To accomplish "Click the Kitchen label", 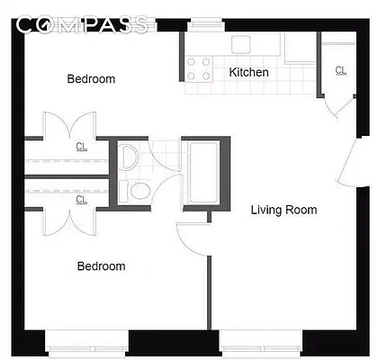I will click(x=249, y=72).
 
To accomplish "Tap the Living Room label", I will click(x=283, y=210).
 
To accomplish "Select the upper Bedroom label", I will click(x=92, y=79).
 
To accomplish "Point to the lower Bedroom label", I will click(x=101, y=266).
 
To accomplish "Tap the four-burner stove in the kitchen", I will click(x=197, y=65).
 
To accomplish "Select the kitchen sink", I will click(x=243, y=43).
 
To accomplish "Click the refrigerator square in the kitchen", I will click(x=297, y=47).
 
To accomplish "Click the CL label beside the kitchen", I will click(x=340, y=70).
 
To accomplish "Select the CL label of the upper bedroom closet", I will click(x=81, y=146).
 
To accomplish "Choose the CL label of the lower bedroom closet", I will click(x=81, y=198).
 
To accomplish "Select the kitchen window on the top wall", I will click(x=206, y=23).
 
